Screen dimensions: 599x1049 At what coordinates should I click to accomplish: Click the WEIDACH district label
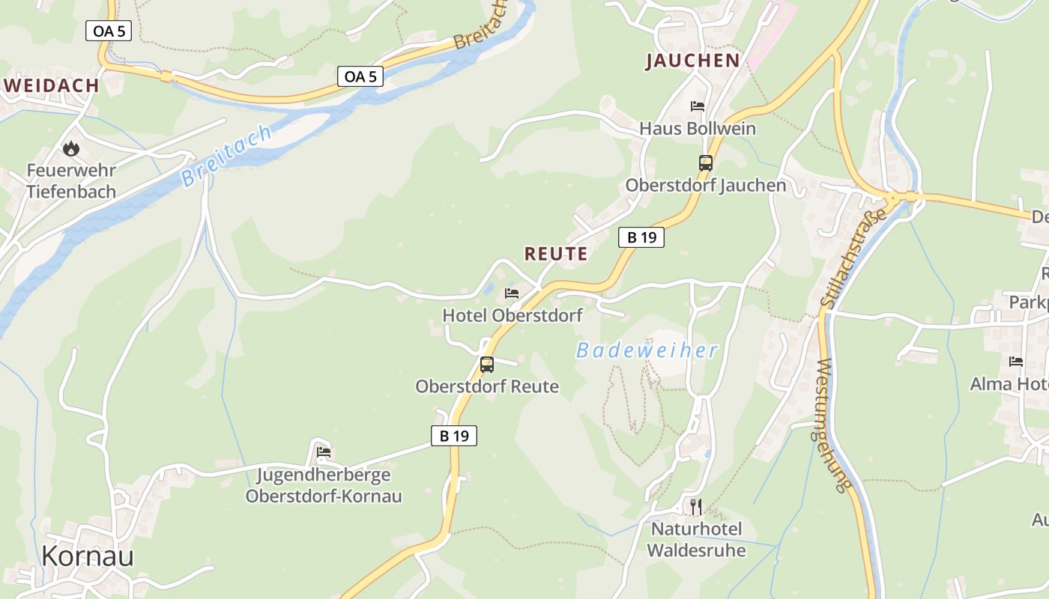tap(52, 85)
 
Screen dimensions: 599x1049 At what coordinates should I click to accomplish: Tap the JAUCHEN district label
tap(693, 61)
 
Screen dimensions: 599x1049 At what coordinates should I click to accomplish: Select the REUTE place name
tap(556, 254)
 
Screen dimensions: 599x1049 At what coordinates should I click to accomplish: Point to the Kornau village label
tap(88, 556)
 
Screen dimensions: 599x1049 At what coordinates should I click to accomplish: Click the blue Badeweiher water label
tap(647, 350)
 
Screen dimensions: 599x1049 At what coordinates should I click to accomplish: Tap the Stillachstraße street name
tap(853, 258)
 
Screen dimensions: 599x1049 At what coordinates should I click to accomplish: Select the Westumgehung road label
tap(832, 425)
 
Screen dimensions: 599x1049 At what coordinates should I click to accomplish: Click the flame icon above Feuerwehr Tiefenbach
tap(71, 149)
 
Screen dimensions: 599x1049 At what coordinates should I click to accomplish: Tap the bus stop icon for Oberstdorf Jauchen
tap(705, 162)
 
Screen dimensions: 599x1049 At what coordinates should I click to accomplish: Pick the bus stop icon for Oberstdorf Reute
tap(487, 365)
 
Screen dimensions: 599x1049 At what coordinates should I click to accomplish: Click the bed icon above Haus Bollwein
tap(698, 106)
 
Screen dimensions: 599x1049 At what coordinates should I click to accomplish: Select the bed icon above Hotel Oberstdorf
tap(512, 293)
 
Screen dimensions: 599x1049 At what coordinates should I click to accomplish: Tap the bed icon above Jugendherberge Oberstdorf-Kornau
tap(324, 452)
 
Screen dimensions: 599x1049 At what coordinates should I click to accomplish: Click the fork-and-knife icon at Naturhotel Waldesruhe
tap(696, 507)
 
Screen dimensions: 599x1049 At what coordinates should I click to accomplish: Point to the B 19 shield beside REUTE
tap(641, 237)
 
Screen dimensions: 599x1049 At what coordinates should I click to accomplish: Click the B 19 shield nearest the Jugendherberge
tap(454, 436)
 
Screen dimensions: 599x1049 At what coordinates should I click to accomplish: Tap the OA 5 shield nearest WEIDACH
tap(109, 31)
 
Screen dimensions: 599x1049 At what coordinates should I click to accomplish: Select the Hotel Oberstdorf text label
tap(513, 315)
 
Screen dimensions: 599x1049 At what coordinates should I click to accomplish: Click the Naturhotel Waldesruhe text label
tap(696, 540)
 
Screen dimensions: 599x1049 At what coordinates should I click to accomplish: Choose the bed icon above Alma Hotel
tap(1016, 362)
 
